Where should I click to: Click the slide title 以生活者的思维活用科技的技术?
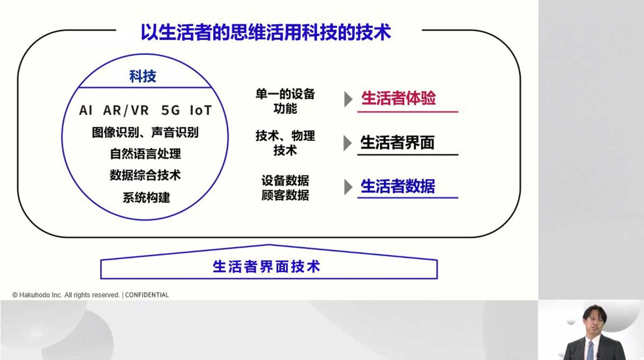coord(266,32)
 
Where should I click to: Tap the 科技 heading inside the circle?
coord(143,76)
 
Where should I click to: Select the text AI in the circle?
coord(86,111)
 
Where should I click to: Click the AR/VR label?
coord(126,111)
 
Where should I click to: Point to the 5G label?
coord(171,111)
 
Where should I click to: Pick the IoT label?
coord(201,111)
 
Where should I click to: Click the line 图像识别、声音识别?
coord(145,133)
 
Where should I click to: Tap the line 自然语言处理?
coord(145,154)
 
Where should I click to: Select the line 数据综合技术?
coord(145,175)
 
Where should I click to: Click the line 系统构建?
coord(147,197)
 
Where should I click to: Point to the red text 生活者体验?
coord(398,98)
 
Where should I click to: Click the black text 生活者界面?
coord(397,143)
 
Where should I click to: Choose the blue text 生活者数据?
coord(398,186)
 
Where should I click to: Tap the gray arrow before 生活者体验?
coord(348,99)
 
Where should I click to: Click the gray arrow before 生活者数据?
coord(348,187)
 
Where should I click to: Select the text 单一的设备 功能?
coord(285,101)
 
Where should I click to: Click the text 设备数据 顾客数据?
coord(285,188)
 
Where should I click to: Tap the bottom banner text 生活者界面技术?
coord(267,266)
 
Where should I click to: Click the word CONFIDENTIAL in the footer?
coord(147,295)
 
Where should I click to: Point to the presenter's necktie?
coord(590,350)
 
